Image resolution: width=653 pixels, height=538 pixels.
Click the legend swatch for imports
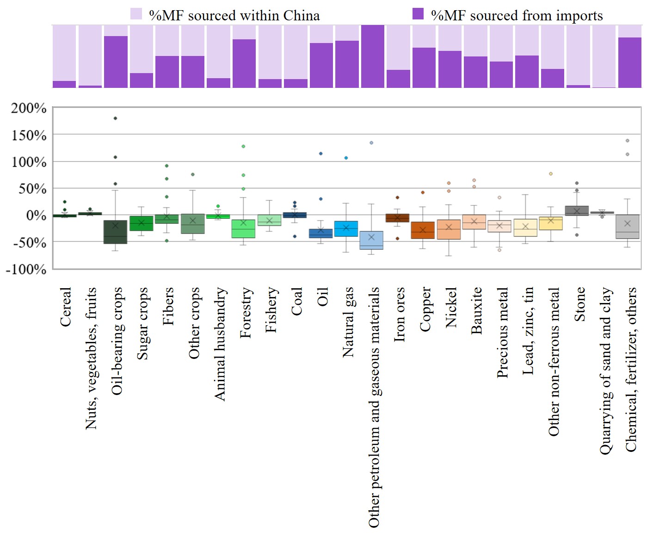coord(418,14)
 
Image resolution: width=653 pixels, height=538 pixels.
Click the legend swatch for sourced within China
coord(136,14)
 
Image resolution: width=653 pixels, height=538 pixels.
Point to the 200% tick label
coord(29,108)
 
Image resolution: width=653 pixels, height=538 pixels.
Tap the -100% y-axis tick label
coord(26,269)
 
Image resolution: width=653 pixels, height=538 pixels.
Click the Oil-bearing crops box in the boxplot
coord(115,232)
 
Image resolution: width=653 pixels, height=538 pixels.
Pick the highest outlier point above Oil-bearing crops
coord(115,118)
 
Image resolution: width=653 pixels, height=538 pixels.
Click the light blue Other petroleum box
coord(371,241)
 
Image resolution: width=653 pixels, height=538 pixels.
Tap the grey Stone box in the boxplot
coord(577,211)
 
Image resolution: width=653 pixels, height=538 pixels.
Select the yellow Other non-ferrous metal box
coord(551,223)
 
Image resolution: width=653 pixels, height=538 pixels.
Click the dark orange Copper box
coord(423,230)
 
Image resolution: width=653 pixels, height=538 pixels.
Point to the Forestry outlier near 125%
coord(243,146)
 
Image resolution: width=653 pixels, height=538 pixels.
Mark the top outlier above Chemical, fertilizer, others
coord(628,141)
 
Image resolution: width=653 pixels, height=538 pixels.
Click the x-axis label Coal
coord(296,301)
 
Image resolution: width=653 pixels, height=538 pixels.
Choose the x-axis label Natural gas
coord(348,322)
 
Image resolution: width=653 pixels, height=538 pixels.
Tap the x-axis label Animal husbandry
coord(220,344)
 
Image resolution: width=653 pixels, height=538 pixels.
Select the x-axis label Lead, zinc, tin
coord(528,331)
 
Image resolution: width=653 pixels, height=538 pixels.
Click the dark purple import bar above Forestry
coord(244,63)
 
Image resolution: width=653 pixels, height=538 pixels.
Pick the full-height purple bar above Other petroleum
coord(373,56)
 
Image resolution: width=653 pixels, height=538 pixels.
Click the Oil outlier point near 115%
coord(320,154)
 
